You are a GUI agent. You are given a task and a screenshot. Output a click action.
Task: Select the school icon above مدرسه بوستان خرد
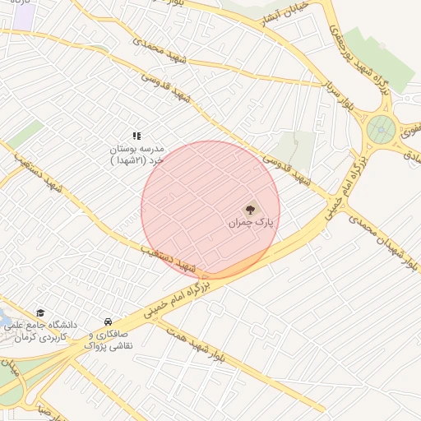pos(136,135)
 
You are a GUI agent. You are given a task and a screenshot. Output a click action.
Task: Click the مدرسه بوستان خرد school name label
pos(137,154)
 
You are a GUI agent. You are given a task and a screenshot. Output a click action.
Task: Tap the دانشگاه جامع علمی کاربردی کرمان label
pos(46,331)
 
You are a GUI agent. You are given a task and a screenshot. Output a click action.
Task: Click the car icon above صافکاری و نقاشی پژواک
pos(108,322)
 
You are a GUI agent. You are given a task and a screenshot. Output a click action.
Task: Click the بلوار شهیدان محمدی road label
pos(383,239)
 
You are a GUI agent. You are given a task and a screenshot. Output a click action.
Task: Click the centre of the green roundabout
pos(381,129)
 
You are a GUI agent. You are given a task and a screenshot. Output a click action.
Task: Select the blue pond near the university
pos(4,319)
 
